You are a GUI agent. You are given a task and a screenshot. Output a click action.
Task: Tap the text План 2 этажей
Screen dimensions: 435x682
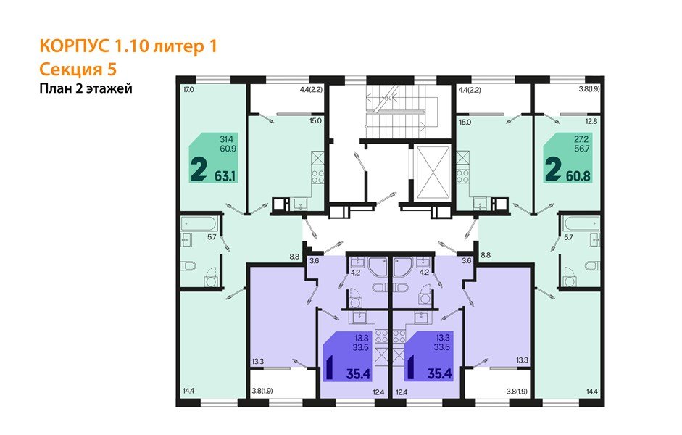(86, 88)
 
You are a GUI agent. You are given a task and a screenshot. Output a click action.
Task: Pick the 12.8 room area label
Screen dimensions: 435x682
(591, 122)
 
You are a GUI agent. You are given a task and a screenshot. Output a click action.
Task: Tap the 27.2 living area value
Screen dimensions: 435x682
(581, 138)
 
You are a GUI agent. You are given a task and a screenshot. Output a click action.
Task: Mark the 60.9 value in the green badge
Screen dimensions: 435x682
(227, 148)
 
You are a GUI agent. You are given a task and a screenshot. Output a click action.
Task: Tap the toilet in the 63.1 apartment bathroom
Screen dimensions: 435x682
(190, 266)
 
